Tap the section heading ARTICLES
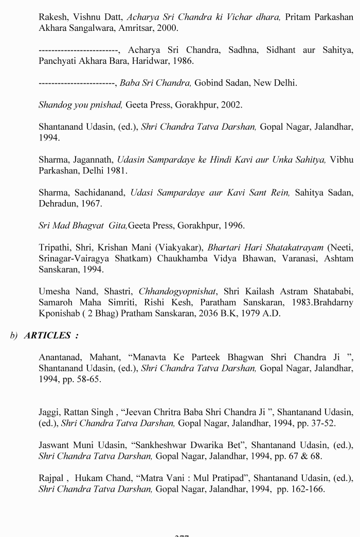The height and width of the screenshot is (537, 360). click(47, 335)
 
